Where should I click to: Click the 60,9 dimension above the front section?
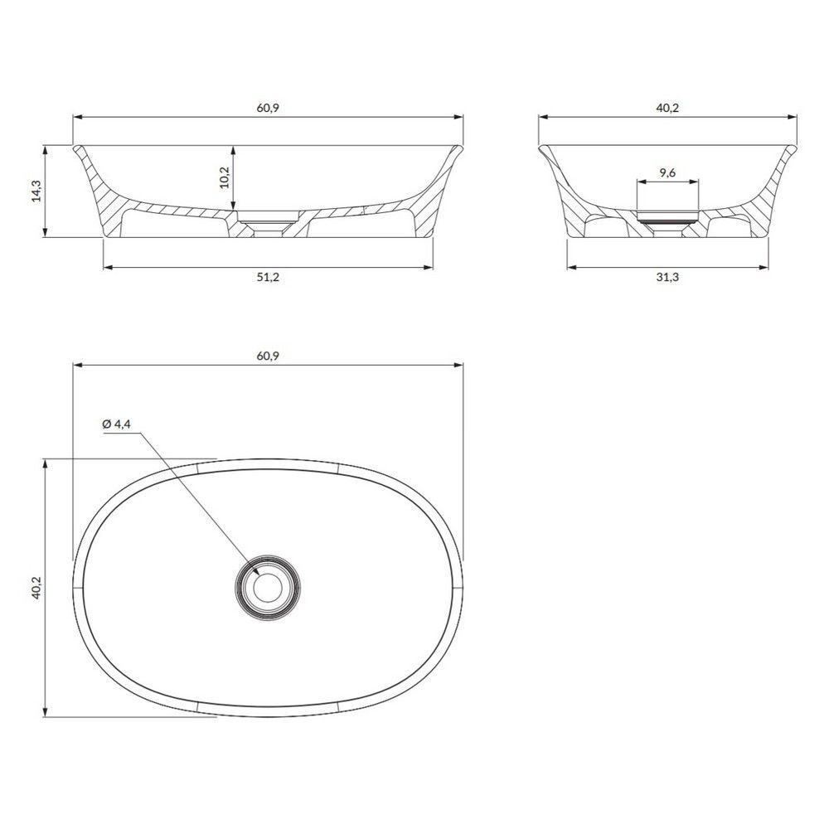(x=268, y=108)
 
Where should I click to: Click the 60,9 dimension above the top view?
(x=268, y=356)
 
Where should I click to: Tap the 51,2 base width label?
(x=268, y=277)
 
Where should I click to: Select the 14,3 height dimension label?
(x=36, y=191)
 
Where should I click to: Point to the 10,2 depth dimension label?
(x=224, y=177)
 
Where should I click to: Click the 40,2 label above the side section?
(x=667, y=108)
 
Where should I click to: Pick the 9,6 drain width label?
(x=667, y=172)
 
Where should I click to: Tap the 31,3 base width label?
(x=667, y=277)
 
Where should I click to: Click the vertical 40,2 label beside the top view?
(x=36, y=588)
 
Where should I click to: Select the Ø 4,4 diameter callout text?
(x=116, y=424)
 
